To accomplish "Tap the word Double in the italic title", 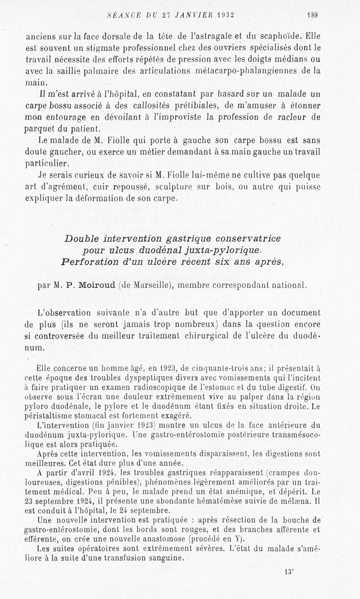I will (83, 238).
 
